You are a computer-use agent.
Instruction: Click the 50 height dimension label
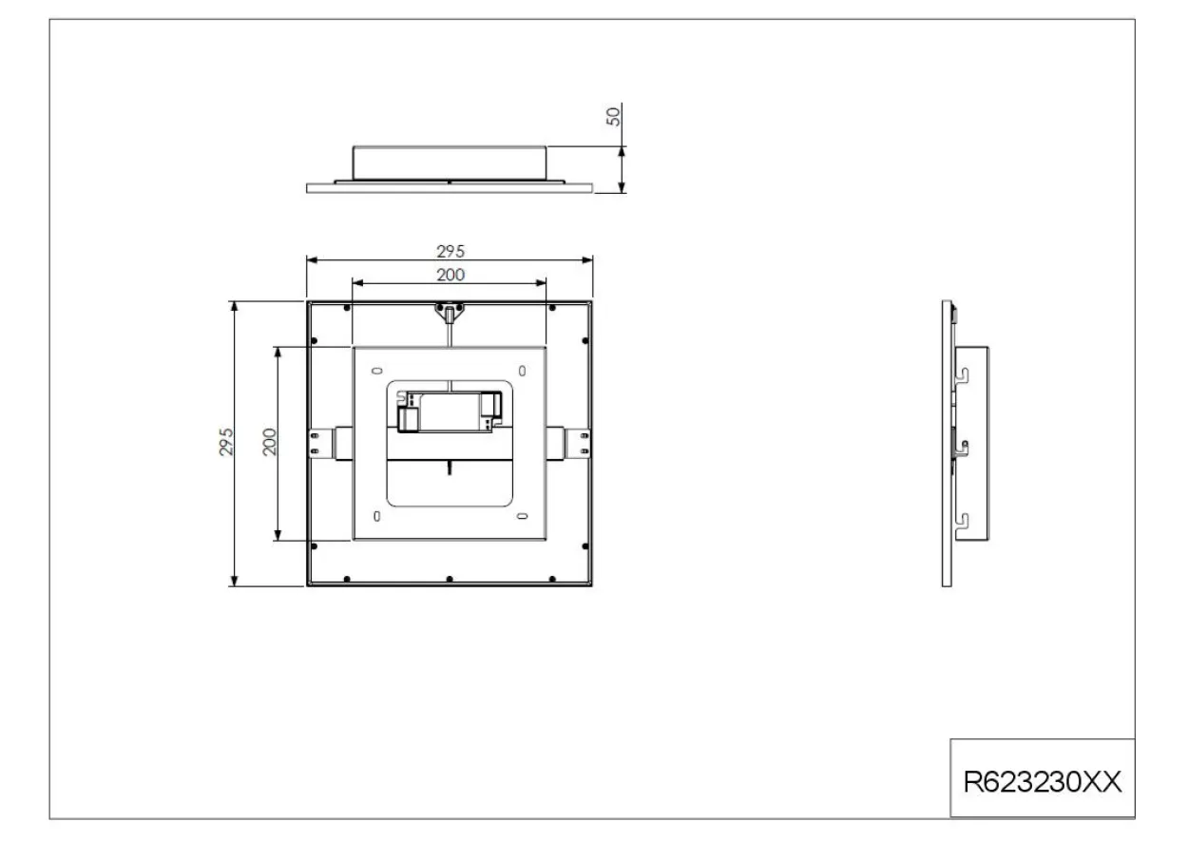(x=613, y=117)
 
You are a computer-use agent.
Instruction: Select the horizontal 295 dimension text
(x=450, y=251)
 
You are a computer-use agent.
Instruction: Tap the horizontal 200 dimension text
(x=450, y=275)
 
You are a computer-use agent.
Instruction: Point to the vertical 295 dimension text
(x=226, y=442)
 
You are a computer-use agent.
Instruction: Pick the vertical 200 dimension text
(x=269, y=442)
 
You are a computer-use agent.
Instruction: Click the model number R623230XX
(x=1043, y=782)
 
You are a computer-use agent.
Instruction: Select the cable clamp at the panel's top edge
(x=450, y=313)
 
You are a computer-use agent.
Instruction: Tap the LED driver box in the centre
(x=450, y=411)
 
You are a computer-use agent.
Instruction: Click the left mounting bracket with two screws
(x=321, y=443)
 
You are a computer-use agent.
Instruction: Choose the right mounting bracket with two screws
(x=578, y=443)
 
